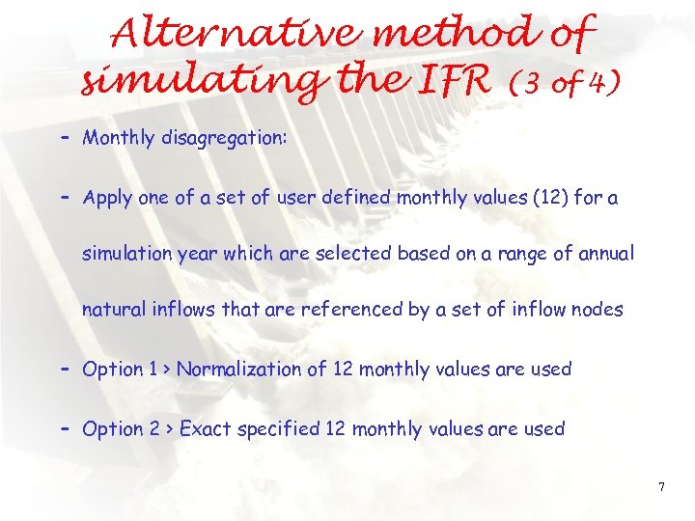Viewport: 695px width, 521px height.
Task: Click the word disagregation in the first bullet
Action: tap(221, 138)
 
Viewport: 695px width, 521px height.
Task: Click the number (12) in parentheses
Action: tap(527, 199)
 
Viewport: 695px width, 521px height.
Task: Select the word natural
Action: tap(115, 309)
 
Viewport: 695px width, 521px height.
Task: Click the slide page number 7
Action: tap(661, 486)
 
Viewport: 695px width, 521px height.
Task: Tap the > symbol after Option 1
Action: tap(168, 370)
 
